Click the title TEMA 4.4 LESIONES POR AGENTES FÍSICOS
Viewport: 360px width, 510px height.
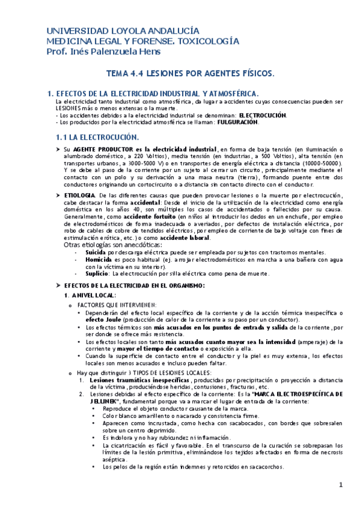coord(189,73)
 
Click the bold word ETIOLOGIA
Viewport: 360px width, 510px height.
coord(79,196)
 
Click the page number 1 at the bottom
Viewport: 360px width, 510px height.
coord(340,485)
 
